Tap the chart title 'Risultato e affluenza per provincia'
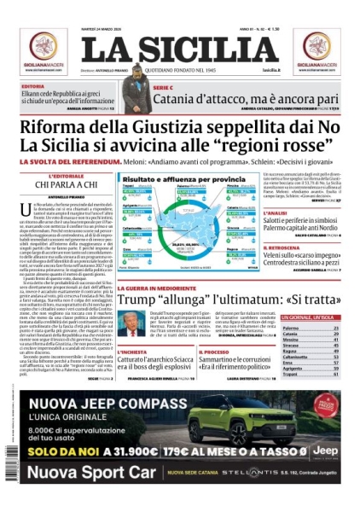point(176,179)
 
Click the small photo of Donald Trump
point(130,325)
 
